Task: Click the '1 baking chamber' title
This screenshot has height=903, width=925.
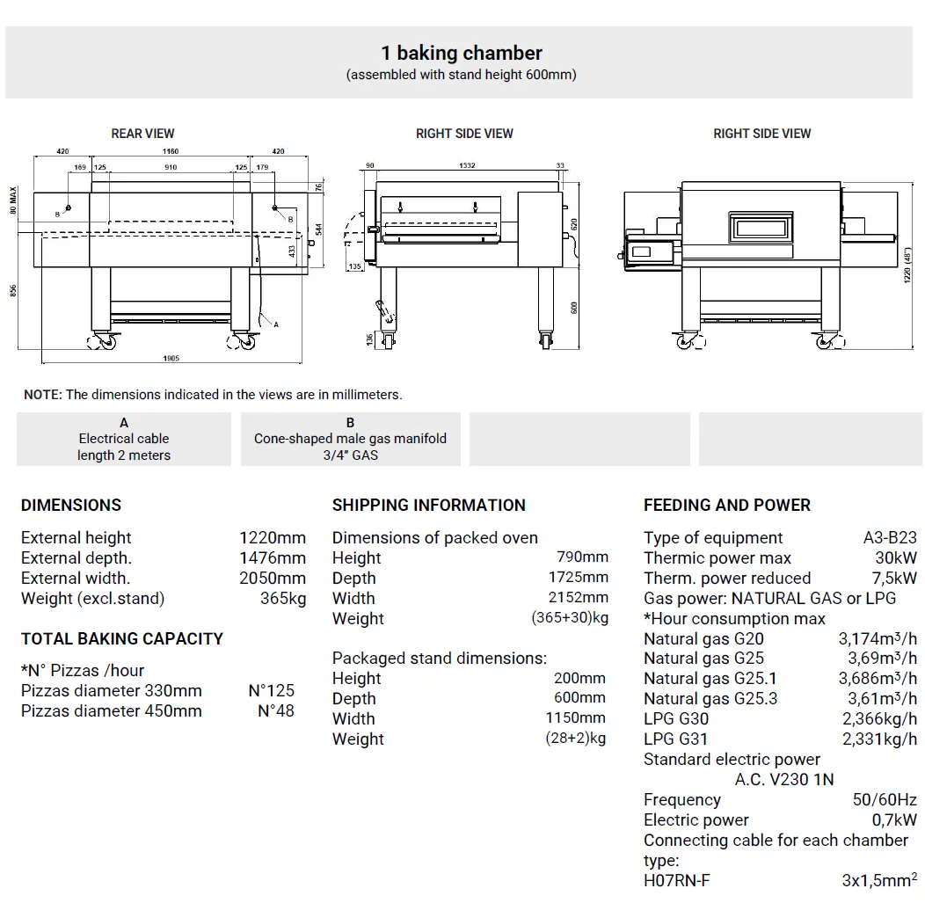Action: pyautogui.click(x=462, y=53)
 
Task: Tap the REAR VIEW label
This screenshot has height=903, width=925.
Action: pyautogui.click(x=142, y=134)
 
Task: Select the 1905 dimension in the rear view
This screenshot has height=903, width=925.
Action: pyautogui.click(x=171, y=358)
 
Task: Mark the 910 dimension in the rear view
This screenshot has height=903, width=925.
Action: pyautogui.click(x=171, y=167)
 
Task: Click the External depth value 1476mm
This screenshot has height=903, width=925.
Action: pyautogui.click(x=273, y=557)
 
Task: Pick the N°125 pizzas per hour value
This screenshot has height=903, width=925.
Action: pyautogui.click(x=271, y=690)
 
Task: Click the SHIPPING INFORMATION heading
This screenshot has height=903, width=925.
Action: pyautogui.click(x=428, y=505)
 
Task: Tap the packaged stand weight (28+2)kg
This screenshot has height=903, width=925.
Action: pyautogui.click(x=575, y=739)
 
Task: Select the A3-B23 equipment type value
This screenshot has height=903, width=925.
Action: pyautogui.click(x=890, y=537)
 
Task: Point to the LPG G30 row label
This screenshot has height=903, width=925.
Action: pyautogui.click(x=675, y=718)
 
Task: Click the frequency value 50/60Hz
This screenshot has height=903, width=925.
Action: pyautogui.click(x=885, y=799)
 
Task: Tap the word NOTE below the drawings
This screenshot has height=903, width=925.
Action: pyautogui.click(x=42, y=395)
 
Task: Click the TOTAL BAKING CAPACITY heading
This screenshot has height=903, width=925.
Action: pyautogui.click(x=122, y=638)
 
